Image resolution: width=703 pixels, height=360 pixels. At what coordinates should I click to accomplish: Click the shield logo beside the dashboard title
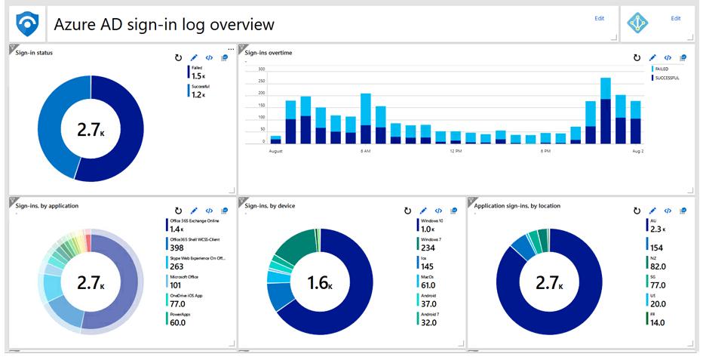pyautogui.click(x=27, y=24)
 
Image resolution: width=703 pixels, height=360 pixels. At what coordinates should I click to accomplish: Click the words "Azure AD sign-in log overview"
pyautogui.click(x=164, y=25)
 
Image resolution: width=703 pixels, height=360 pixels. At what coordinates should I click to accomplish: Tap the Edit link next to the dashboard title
pyautogui.click(x=599, y=19)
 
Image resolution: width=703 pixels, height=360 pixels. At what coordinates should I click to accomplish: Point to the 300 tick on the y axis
pyautogui.click(x=262, y=69)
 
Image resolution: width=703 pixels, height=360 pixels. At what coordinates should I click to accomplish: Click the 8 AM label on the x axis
pyautogui.click(x=365, y=151)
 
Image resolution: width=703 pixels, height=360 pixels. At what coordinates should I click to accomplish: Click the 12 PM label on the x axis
pyautogui.click(x=456, y=151)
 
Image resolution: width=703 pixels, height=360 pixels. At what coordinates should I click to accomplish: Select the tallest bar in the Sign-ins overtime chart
pyautogui.click(x=605, y=110)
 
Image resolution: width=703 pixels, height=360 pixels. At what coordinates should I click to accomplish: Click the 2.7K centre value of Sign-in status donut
pyautogui.click(x=91, y=129)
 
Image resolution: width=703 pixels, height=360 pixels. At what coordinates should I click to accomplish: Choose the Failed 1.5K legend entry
pyautogui.click(x=198, y=72)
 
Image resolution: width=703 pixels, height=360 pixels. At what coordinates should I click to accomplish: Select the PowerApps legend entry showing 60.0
pyautogui.click(x=182, y=318)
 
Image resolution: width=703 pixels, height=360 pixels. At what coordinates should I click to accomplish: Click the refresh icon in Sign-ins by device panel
pyautogui.click(x=407, y=211)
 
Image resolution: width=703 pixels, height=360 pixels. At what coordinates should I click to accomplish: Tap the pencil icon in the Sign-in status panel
pyautogui.click(x=194, y=57)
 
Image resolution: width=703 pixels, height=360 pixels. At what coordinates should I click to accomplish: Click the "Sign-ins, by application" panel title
pyautogui.click(x=47, y=205)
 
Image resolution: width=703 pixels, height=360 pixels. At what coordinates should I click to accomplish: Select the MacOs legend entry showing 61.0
pyautogui.click(x=428, y=282)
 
